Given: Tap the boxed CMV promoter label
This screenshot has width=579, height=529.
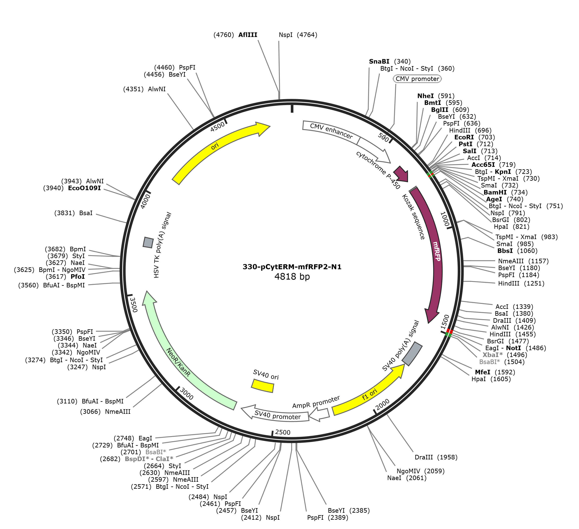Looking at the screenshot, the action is (417, 79).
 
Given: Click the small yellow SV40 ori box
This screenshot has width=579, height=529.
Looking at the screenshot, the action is (262, 386).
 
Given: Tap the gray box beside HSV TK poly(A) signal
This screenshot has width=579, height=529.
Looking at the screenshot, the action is (148, 242).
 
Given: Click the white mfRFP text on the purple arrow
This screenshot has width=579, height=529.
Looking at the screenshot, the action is (437, 251).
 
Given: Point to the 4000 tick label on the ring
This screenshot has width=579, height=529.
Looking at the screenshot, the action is (146, 202).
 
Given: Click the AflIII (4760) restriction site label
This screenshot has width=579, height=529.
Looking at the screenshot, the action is (236, 35).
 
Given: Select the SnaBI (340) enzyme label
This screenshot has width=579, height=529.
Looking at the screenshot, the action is (390, 62).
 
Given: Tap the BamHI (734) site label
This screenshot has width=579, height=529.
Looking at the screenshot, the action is (505, 192).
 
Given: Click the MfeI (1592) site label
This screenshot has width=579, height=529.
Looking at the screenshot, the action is (495, 372).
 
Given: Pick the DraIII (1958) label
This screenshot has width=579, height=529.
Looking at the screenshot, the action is (436, 457).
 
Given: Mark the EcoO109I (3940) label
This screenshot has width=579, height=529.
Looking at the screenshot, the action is (72, 188).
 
